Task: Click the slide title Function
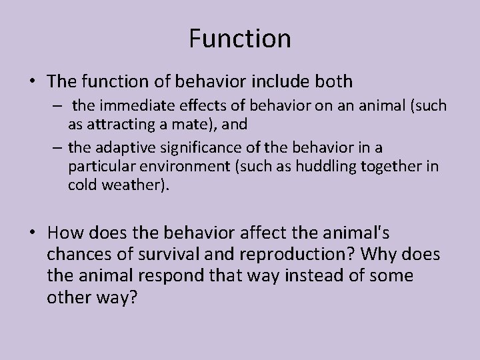(x=240, y=38)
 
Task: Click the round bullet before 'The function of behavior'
(x=33, y=82)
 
